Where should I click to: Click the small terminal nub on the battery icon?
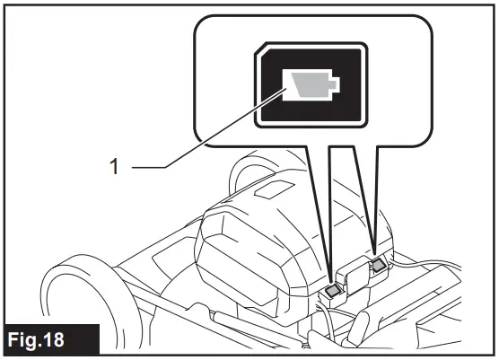click(x=334, y=85)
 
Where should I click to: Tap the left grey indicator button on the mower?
click(x=332, y=289)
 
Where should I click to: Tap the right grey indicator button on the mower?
click(x=378, y=265)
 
